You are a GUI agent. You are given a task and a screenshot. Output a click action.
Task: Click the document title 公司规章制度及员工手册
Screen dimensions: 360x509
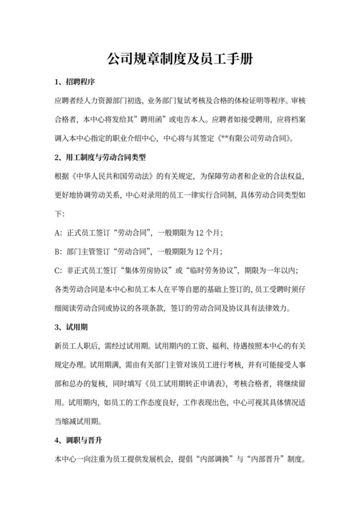tap(179, 59)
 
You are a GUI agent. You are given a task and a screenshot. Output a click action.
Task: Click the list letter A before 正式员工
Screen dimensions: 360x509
tap(59, 231)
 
